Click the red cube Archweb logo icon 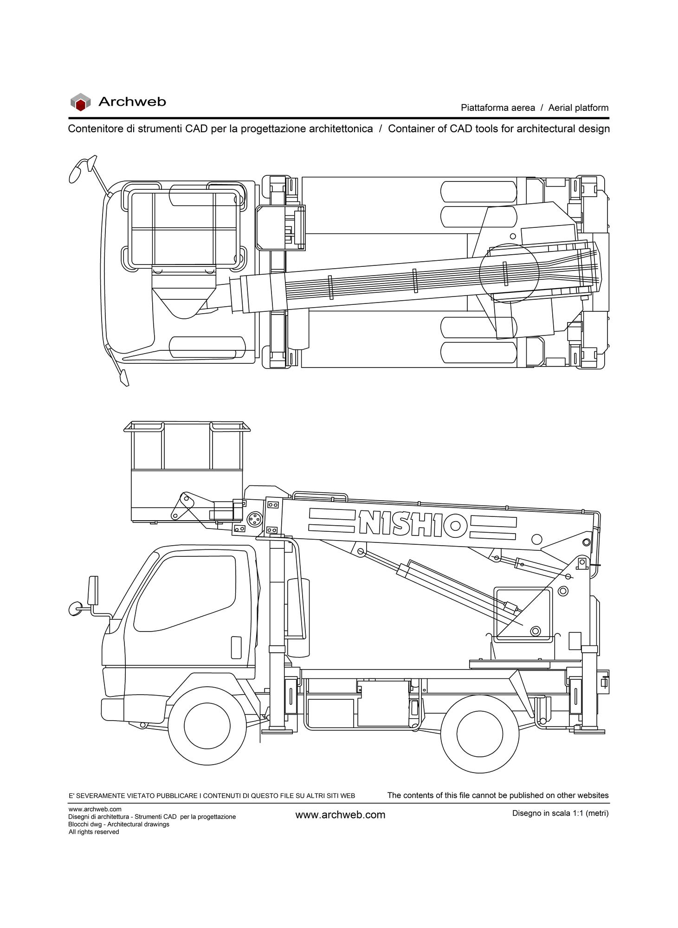coord(80,102)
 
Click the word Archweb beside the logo coord(132,102)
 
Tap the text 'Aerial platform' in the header coord(578,108)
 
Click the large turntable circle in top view coord(509,273)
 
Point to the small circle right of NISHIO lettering coord(536,539)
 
